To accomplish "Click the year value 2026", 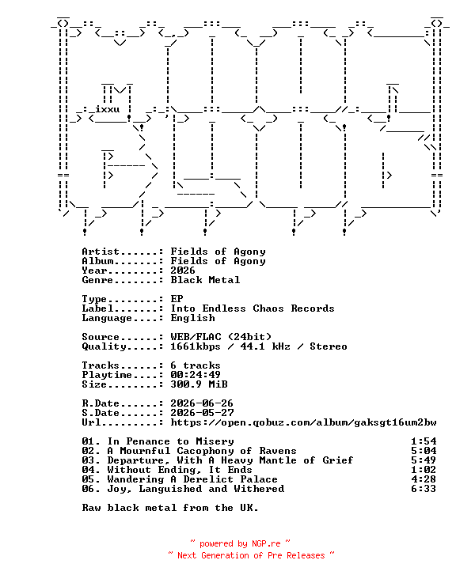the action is click(183, 271).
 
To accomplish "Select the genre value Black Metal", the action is click(205, 280).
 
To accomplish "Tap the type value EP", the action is click(177, 299).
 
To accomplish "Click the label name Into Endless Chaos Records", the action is click(253, 308).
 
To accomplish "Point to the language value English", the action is click(192, 318).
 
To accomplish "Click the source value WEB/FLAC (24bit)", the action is click(221, 337).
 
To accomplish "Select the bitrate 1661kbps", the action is click(196, 346).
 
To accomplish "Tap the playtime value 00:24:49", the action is click(196, 375).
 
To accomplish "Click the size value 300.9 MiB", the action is click(199, 384).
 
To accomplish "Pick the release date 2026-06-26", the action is click(202, 403).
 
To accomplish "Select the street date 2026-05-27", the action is click(202, 413).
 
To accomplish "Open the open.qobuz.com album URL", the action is click(303, 422).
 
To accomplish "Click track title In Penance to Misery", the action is click(171, 441).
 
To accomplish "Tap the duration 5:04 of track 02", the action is click(424, 451).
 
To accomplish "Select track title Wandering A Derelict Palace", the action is click(192, 479).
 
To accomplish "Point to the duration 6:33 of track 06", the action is click(424, 489).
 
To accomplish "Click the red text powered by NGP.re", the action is click(240, 543).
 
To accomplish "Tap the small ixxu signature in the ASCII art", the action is click(107, 109).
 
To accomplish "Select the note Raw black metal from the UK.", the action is click(170, 508).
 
